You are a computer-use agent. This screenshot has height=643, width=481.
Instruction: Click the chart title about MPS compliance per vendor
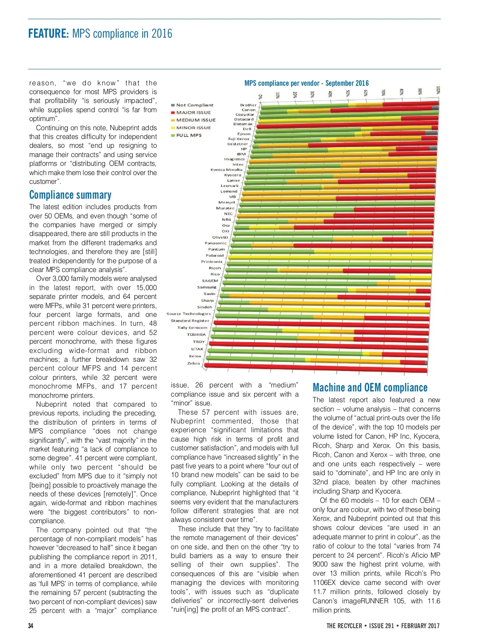(x=306, y=83)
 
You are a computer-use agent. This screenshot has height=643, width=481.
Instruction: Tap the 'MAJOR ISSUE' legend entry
(x=193, y=113)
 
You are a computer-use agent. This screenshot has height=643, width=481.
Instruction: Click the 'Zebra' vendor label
(x=194, y=363)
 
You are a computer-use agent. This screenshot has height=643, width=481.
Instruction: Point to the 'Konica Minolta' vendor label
(x=226, y=169)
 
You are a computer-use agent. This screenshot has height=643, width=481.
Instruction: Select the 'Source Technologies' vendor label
(x=188, y=314)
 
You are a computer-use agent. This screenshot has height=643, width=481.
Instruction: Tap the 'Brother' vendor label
(x=248, y=105)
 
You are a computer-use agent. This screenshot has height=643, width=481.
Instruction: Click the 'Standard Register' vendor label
(x=190, y=320)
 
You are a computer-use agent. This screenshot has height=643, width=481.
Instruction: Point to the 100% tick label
(x=438, y=90)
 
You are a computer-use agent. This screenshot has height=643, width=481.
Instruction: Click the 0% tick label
(x=260, y=97)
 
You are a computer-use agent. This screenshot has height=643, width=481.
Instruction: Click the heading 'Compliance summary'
(x=70, y=195)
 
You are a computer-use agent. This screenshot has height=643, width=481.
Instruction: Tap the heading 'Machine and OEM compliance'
(x=370, y=388)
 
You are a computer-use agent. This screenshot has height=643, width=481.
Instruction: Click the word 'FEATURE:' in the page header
(x=49, y=33)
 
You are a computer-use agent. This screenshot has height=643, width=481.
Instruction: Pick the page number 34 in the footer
(x=31, y=626)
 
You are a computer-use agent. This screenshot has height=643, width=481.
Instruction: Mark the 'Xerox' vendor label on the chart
(x=195, y=356)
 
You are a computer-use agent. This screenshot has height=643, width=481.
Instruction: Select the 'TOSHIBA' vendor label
(x=196, y=335)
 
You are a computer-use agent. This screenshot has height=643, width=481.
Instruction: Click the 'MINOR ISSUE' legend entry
(x=193, y=128)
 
